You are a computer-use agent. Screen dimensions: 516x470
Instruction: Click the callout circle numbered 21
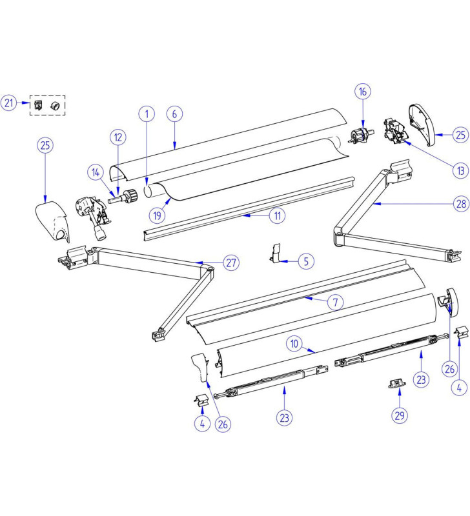tap(8, 103)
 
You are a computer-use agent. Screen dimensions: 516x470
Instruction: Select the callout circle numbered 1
tap(147, 114)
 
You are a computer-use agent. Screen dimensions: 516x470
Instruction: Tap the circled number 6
tap(174, 114)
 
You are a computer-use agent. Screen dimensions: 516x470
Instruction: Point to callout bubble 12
tap(117, 137)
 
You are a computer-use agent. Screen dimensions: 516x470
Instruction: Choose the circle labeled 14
tap(96, 172)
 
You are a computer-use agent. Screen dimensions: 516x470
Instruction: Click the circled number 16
tap(363, 92)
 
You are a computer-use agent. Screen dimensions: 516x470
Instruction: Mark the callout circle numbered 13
tap(460, 171)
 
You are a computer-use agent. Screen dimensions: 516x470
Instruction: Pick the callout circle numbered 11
tap(277, 217)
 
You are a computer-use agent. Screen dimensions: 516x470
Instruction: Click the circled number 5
tap(307, 261)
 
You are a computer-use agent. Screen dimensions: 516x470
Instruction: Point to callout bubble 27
tap(230, 263)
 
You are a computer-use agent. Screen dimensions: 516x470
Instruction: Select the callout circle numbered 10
tap(294, 344)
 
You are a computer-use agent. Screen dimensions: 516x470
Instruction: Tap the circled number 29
tap(400, 415)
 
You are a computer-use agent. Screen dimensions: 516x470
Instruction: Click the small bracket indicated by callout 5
tap(276, 253)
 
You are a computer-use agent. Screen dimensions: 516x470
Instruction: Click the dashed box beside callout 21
tap(48, 104)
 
